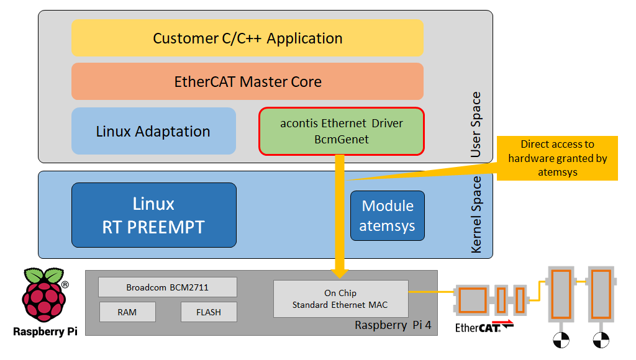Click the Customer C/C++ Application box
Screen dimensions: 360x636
[x=247, y=38]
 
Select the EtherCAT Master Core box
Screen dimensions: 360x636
[x=247, y=81]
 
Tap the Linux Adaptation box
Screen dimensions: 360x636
[x=153, y=131]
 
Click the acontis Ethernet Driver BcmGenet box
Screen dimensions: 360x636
[x=341, y=131]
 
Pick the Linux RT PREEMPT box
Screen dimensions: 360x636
[x=153, y=215]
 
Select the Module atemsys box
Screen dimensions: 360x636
[x=387, y=215]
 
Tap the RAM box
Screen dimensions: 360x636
[x=127, y=312]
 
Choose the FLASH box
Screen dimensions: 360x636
[x=208, y=312]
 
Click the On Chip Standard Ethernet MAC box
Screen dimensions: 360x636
[x=340, y=299]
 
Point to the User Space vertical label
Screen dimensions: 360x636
[x=476, y=124]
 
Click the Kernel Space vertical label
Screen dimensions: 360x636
[x=476, y=215]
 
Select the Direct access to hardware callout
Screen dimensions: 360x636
[x=557, y=158]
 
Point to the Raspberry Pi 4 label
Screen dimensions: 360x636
[x=393, y=325]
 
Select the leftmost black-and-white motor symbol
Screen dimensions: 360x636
[x=561, y=340]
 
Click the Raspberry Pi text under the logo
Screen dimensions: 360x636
[x=45, y=331]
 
